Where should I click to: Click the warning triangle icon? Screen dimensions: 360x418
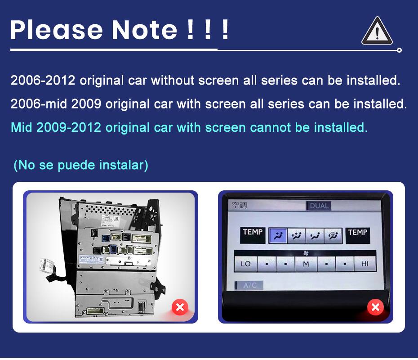coord(377,32)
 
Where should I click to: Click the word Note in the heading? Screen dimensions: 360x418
coord(144,30)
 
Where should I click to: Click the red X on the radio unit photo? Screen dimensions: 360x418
coord(180,307)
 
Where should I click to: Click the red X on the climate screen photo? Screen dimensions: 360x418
coord(375,307)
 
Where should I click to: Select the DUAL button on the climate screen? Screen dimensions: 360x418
coord(319,206)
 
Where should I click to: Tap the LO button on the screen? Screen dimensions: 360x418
coord(245,264)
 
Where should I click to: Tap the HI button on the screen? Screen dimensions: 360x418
coord(365,264)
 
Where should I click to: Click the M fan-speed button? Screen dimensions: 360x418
coord(306,264)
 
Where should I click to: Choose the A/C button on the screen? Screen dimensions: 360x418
coord(249,285)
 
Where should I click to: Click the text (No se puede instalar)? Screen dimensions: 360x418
coord(81,165)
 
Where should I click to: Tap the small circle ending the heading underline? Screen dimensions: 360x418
coord(399,50)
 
